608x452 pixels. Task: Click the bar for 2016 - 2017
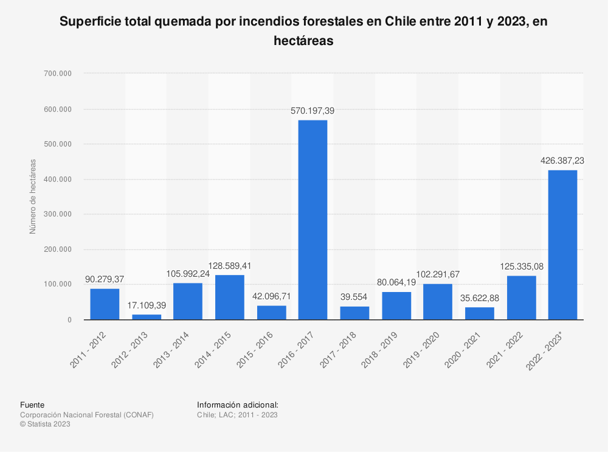[313, 220]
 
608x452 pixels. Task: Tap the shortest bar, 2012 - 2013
[147, 316]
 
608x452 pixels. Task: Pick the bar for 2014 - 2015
[230, 297]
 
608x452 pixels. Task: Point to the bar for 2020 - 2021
[480, 313]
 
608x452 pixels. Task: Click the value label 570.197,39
[313, 111]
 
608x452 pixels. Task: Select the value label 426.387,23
[562, 161]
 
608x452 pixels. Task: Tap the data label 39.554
[354, 297]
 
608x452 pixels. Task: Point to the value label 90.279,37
[105, 279]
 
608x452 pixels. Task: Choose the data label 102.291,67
[438, 274]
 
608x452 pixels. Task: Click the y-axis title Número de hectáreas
[33, 196]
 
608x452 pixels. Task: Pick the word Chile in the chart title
[404, 23]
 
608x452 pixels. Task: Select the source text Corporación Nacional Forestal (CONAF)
[87, 415]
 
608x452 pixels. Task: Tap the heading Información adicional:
[238, 405]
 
